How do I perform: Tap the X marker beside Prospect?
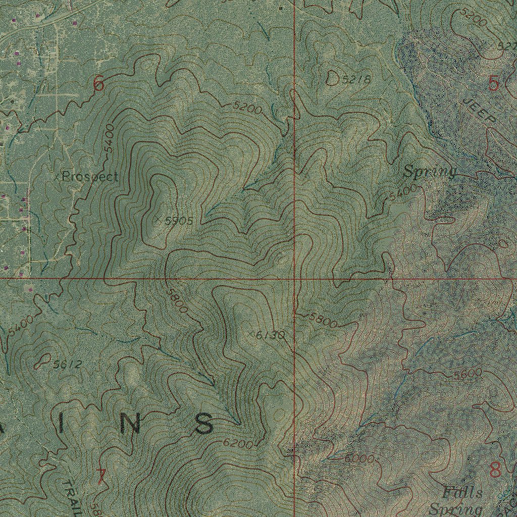(x=57, y=177)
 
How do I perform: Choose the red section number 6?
(x=98, y=84)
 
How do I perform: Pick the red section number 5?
(x=493, y=84)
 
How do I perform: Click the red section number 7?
(x=101, y=477)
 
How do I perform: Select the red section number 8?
(x=495, y=470)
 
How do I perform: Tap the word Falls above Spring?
(x=462, y=492)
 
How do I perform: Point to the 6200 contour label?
(x=237, y=444)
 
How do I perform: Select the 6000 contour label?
(x=359, y=459)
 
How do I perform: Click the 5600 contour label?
(x=468, y=374)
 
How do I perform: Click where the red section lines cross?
(x=294, y=278)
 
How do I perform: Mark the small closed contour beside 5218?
(x=333, y=78)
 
